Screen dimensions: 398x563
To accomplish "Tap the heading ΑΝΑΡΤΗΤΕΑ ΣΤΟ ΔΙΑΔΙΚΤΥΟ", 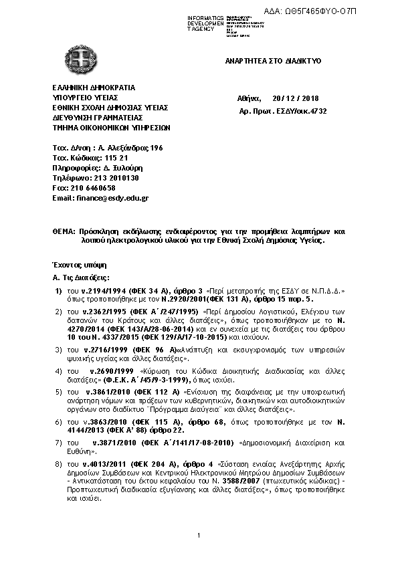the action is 274,60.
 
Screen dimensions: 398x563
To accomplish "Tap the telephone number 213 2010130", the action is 113,179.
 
